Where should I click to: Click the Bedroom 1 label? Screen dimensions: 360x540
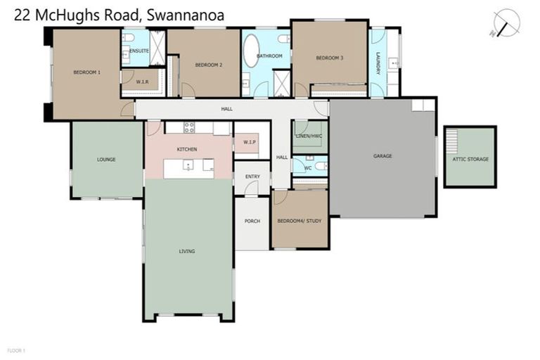[x=87, y=72]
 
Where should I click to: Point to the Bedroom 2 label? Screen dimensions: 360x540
[x=209, y=65]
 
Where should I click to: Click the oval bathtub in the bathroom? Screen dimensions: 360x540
[x=251, y=54]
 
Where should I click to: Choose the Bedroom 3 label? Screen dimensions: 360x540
[x=329, y=58]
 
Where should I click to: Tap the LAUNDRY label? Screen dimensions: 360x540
[x=378, y=62]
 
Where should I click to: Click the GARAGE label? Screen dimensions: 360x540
[x=382, y=156]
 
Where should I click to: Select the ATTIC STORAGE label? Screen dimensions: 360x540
[x=470, y=160]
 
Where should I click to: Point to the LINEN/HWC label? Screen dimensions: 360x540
[x=309, y=135]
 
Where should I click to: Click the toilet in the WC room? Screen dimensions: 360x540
[x=320, y=166]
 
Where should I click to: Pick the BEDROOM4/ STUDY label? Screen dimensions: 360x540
[x=300, y=221]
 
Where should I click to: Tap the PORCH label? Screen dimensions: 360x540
[x=252, y=221]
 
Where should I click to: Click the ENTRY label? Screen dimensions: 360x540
[x=252, y=176]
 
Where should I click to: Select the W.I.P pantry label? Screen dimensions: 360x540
[x=250, y=143]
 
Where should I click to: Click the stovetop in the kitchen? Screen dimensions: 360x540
[x=189, y=127]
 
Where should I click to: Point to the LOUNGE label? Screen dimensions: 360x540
[x=106, y=160]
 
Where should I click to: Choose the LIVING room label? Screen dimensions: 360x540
[x=187, y=251]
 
